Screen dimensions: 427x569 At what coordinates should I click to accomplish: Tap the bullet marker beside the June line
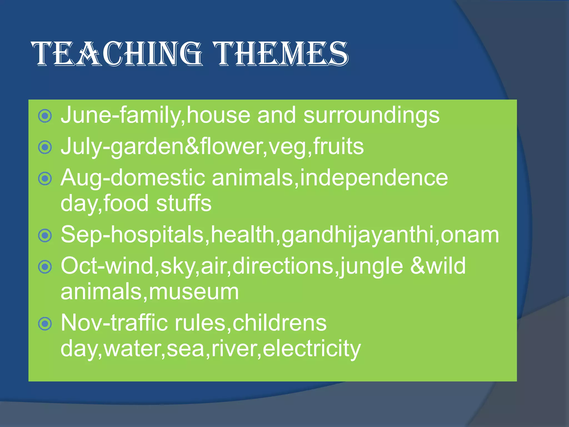click(45, 116)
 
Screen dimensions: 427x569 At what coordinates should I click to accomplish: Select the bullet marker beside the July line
click(45, 147)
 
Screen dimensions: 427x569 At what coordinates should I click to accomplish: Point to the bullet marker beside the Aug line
click(45, 178)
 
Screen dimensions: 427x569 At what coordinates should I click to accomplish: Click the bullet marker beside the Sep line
click(45, 236)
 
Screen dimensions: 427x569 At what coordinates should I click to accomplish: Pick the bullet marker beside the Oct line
click(45, 267)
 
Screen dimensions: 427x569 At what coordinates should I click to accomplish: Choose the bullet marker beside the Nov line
click(45, 324)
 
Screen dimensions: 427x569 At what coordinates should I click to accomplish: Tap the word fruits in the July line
click(338, 147)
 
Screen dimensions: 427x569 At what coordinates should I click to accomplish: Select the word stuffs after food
click(184, 203)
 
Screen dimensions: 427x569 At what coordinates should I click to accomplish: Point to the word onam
click(470, 235)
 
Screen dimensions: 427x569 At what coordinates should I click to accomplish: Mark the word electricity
click(311, 349)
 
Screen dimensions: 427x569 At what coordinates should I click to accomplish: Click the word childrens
click(279, 323)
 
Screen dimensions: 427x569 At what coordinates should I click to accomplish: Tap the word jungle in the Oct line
click(371, 266)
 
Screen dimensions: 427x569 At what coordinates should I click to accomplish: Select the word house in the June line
click(218, 115)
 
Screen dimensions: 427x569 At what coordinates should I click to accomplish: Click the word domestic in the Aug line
click(158, 178)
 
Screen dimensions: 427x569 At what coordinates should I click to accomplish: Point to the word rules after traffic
click(200, 323)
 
